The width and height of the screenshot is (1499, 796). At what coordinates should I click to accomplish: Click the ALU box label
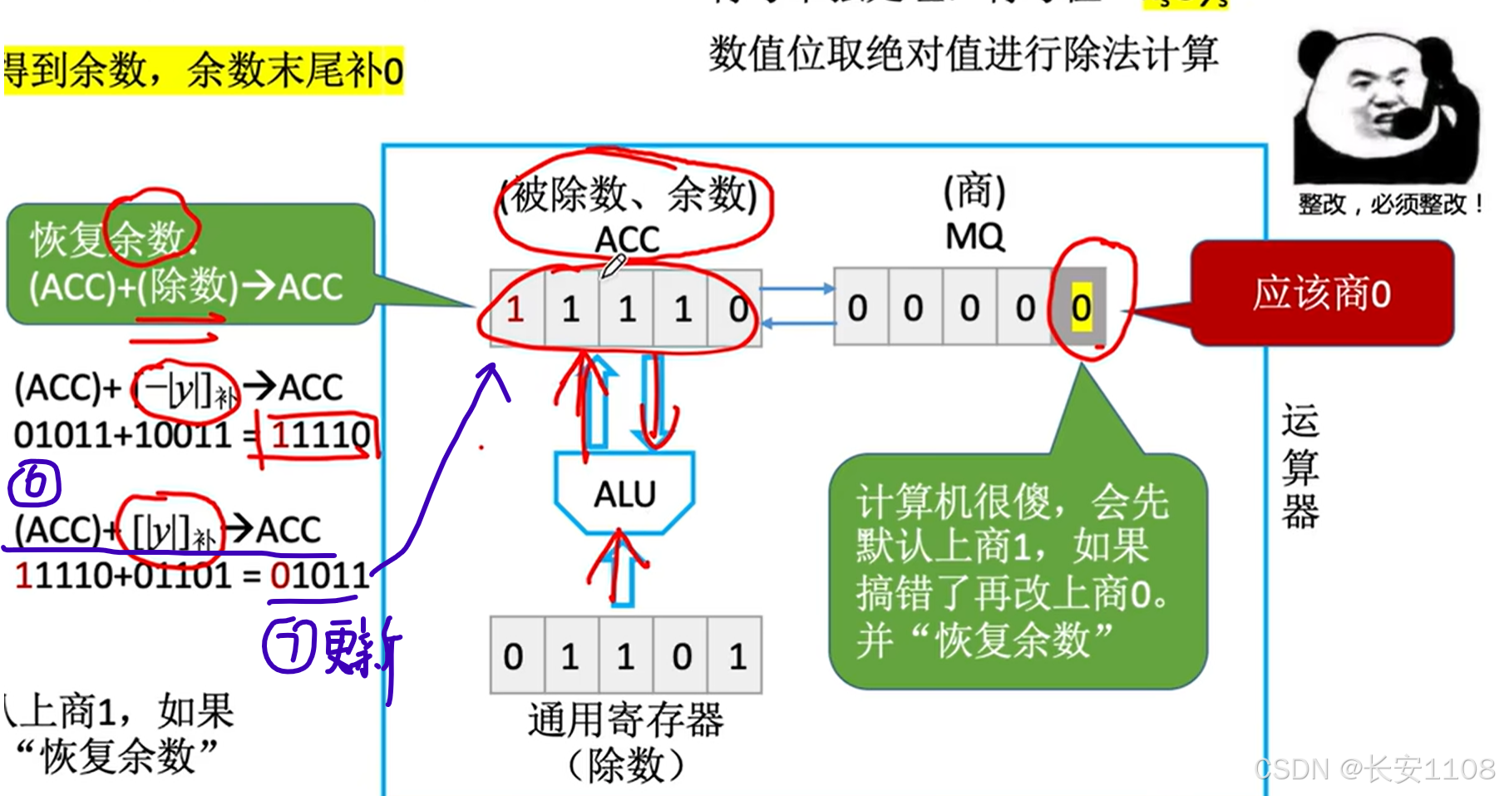pyautogui.click(x=624, y=495)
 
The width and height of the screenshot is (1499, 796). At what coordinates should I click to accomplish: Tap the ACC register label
pyautogui.click(x=627, y=240)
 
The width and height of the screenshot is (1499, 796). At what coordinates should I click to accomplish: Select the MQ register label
pyautogui.click(x=974, y=237)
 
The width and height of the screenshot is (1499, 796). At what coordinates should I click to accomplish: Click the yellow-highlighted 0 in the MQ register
pyautogui.click(x=1081, y=309)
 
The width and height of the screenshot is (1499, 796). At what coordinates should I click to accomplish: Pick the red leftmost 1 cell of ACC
pyautogui.click(x=515, y=309)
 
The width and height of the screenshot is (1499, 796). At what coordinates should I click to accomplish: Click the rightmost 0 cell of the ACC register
pyautogui.click(x=737, y=309)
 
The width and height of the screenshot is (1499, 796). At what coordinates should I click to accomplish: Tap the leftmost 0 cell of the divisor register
pyautogui.click(x=514, y=656)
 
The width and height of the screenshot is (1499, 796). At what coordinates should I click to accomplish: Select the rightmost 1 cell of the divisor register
pyautogui.click(x=737, y=656)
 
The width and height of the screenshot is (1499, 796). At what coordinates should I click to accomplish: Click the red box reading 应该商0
pyautogui.click(x=1322, y=294)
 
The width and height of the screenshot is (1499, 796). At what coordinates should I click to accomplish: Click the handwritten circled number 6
pyautogui.click(x=35, y=483)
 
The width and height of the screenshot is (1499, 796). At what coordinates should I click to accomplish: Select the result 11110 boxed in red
pyautogui.click(x=320, y=434)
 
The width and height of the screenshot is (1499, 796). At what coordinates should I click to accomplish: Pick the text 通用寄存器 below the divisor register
pyautogui.click(x=625, y=719)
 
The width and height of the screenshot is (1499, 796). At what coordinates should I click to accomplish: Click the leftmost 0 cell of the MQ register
pyautogui.click(x=857, y=309)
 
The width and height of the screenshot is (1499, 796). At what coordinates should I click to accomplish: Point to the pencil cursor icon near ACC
pyautogui.click(x=613, y=267)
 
